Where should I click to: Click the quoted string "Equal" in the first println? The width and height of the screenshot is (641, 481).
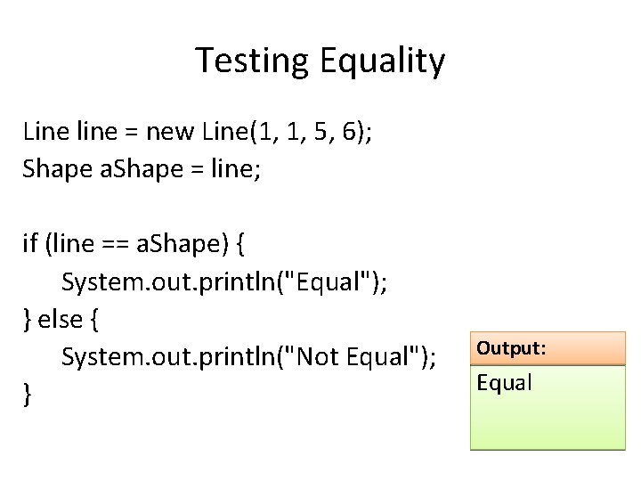point(339,281)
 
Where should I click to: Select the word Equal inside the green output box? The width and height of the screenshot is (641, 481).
point(504,383)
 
